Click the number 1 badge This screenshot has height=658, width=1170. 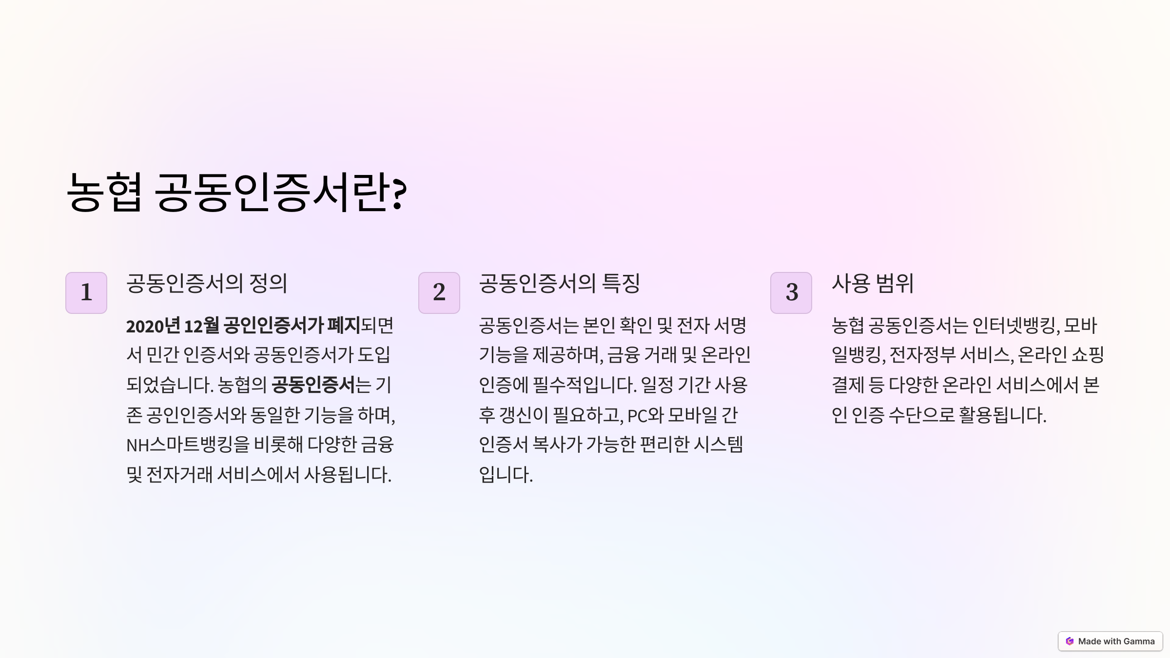[x=86, y=292]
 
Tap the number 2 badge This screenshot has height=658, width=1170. [x=439, y=292]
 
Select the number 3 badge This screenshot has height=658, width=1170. [x=791, y=292]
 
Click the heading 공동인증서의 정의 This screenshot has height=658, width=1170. [x=207, y=283]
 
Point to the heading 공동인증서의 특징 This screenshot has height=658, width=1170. [x=559, y=283]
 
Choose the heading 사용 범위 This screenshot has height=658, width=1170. [x=872, y=283]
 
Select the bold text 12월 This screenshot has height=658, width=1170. [x=201, y=326]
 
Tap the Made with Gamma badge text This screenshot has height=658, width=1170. [x=1116, y=641]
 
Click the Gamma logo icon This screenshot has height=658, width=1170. [x=1070, y=641]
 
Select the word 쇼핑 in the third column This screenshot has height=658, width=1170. [x=1088, y=355]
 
